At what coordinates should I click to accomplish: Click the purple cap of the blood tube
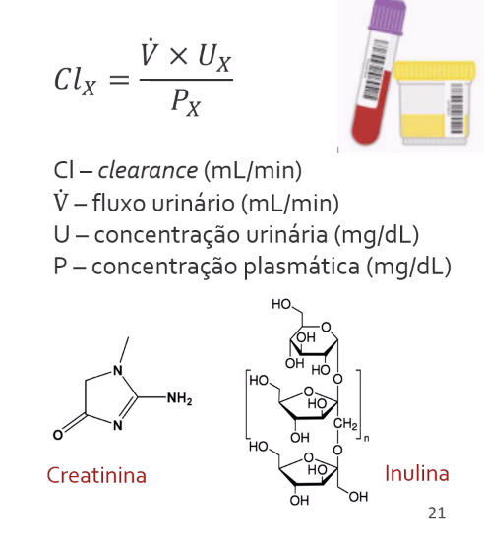(x=387, y=17)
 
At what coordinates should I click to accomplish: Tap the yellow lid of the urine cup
(x=435, y=70)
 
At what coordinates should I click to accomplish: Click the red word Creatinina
(x=96, y=475)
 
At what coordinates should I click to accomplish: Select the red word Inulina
(x=417, y=473)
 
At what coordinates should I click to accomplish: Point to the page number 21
(x=437, y=513)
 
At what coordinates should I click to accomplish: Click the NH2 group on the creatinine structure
(x=179, y=399)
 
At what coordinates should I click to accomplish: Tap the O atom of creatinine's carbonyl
(x=58, y=435)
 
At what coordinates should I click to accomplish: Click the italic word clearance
(x=148, y=170)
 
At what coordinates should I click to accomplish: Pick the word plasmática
(x=302, y=267)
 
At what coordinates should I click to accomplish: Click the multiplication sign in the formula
(x=179, y=56)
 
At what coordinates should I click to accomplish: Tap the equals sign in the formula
(x=119, y=80)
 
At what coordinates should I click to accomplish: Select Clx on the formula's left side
(x=75, y=80)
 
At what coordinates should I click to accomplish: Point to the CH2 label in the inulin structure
(x=345, y=424)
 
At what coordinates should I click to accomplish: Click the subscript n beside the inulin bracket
(x=367, y=439)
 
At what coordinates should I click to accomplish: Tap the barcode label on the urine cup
(x=456, y=108)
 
